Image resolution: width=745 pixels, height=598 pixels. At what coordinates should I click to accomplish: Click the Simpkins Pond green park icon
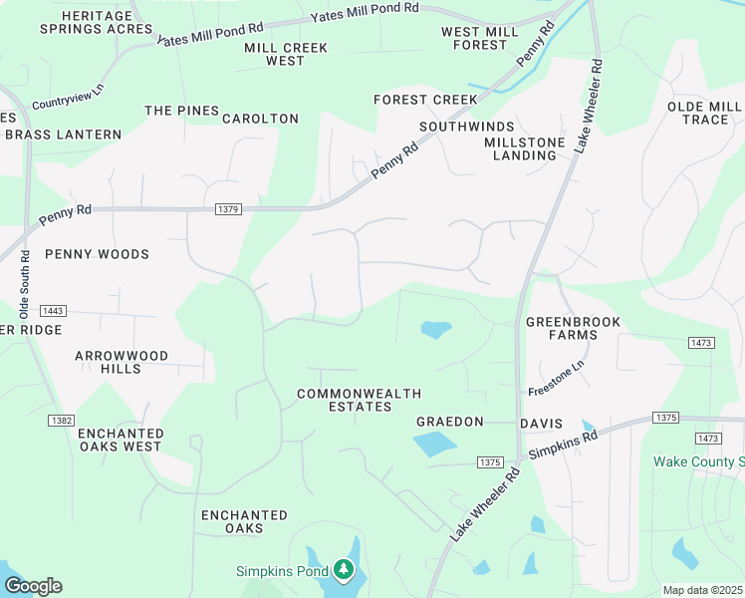[345, 570]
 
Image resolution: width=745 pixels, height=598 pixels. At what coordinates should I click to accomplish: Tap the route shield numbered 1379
[226, 209]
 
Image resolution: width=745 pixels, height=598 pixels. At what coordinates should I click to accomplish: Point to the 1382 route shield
[61, 421]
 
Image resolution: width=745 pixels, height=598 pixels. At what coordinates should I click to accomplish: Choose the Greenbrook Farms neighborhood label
[573, 328]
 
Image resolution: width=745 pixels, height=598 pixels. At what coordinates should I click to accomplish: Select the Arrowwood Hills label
[122, 362]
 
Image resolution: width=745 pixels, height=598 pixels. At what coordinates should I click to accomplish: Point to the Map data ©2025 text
[702, 590]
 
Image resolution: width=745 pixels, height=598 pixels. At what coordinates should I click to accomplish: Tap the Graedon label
[449, 423]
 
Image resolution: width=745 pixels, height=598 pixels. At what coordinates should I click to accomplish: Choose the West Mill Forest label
[480, 39]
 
